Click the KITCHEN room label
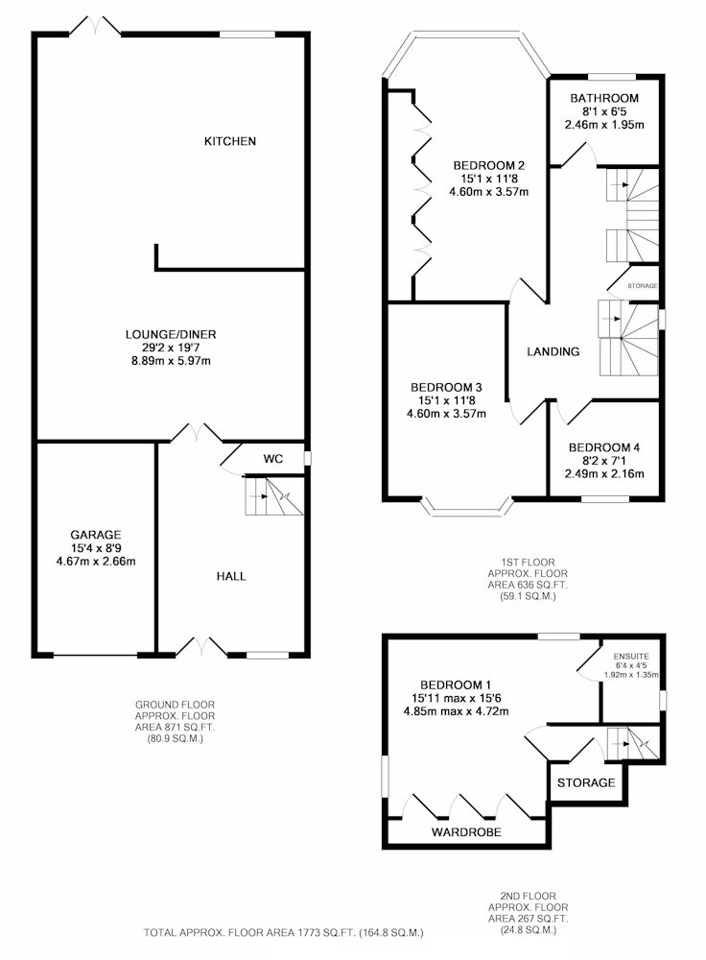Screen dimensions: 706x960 tap(230, 141)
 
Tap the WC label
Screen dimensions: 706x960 tap(273, 459)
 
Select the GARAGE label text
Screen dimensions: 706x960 tap(95, 535)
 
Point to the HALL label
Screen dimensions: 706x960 tap(231, 576)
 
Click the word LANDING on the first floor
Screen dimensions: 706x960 tap(553, 351)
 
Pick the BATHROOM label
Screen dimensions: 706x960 tap(604, 98)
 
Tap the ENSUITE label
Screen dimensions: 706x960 tap(631, 657)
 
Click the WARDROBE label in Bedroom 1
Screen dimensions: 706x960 tap(466, 832)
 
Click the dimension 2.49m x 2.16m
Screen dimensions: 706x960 tap(604, 474)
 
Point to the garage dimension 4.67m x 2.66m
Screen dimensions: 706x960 tap(95, 562)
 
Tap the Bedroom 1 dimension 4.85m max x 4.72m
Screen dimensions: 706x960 tap(456, 711)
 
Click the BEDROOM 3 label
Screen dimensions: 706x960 tap(446, 388)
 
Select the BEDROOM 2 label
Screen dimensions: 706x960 tap(489, 165)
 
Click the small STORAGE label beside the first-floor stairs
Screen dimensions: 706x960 tap(643, 286)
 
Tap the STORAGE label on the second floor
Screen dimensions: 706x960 tap(586, 783)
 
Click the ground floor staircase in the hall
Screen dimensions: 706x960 tap(274, 496)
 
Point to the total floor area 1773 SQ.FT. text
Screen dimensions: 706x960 tap(283, 933)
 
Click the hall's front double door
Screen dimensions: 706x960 tap(201, 646)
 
